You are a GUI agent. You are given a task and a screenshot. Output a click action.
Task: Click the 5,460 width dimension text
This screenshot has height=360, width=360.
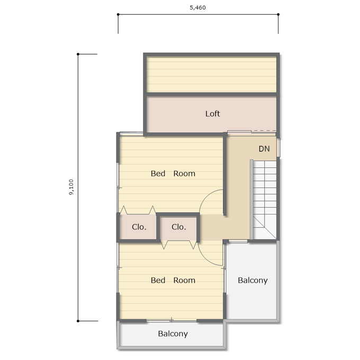point(197,7)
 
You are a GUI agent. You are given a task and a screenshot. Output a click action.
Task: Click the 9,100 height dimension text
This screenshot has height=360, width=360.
point(71,187)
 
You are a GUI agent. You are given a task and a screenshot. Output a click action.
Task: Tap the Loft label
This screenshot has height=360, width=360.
point(212,114)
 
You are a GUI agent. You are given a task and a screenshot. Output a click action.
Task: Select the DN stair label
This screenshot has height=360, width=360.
point(264,149)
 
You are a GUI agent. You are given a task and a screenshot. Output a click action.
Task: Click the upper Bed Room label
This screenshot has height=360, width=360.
point(173,174)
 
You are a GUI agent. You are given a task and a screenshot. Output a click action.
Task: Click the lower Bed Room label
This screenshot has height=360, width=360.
point(173,280)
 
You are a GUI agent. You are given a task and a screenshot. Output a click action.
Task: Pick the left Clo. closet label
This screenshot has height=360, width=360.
point(139,227)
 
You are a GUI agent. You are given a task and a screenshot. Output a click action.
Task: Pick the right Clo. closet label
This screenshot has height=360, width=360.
point(178,227)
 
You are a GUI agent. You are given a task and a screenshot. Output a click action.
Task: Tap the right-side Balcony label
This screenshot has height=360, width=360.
point(253,281)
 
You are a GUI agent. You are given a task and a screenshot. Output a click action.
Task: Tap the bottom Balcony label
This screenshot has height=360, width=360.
point(173,334)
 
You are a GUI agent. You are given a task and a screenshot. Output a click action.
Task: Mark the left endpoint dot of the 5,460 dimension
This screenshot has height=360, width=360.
point(118,14)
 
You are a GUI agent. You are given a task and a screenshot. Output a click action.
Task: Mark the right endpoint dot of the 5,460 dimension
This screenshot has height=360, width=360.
point(278,14)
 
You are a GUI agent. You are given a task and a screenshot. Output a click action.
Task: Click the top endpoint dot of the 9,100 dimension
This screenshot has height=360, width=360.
point(78,54)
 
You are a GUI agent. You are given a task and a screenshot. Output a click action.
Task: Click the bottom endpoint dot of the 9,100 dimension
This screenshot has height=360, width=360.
point(78,321)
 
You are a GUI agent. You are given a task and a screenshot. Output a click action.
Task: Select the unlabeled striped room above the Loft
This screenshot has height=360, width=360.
point(211,75)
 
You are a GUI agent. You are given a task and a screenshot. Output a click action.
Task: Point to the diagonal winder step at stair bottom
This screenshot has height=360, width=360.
point(265,227)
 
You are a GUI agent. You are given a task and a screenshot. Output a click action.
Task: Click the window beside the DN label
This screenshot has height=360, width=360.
point(278,148)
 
